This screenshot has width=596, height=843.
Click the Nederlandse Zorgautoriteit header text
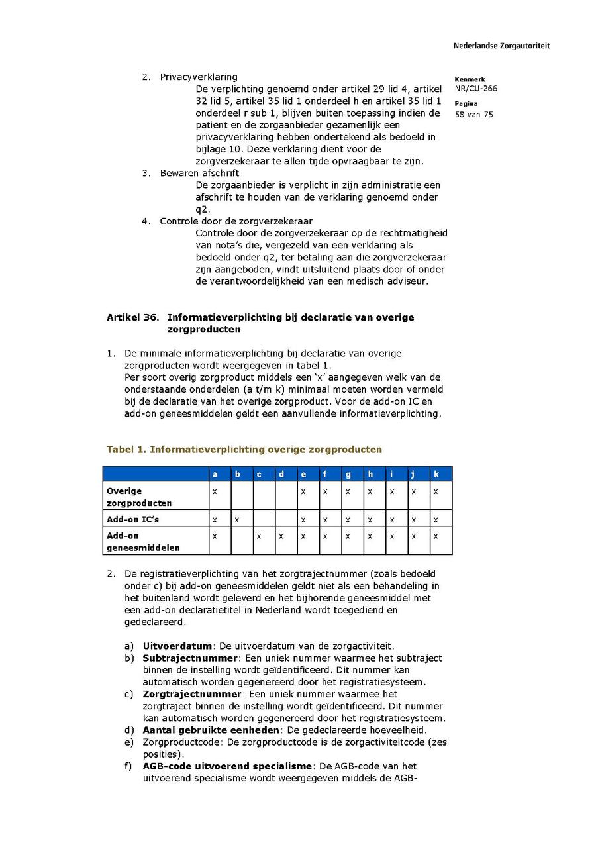click(x=501, y=46)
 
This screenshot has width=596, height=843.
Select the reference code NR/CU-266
click(x=475, y=89)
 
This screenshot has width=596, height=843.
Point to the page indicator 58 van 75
click(x=473, y=114)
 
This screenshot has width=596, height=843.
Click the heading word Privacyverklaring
click(x=198, y=77)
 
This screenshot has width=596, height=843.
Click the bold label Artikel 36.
click(x=132, y=317)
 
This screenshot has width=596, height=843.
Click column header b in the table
click(x=237, y=474)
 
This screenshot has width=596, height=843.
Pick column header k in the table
click(x=436, y=474)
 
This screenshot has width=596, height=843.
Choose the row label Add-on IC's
click(x=132, y=519)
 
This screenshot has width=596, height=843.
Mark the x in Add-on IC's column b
click(x=237, y=519)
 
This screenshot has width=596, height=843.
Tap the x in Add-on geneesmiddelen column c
click(x=259, y=535)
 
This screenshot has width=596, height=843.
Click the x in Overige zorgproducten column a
click(x=215, y=491)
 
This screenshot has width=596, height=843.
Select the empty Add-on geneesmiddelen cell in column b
click(x=241, y=540)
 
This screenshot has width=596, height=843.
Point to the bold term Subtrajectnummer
click(x=189, y=658)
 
